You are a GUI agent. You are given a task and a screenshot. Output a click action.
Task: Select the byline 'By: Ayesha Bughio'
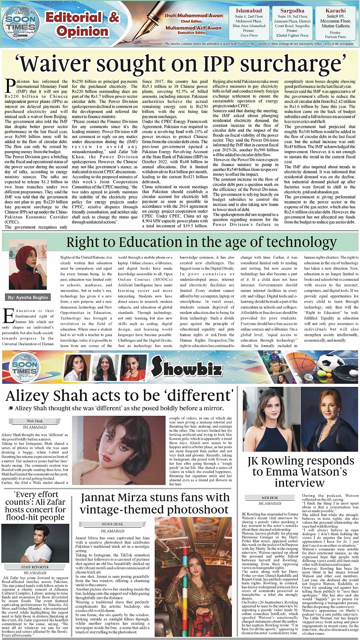pyautogui.click(x=27, y=297)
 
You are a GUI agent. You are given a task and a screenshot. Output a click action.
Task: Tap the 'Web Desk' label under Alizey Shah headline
pyautogui.click(x=35, y=422)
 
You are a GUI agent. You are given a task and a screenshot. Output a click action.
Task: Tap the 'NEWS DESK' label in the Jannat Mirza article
pyautogui.click(x=113, y=524)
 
